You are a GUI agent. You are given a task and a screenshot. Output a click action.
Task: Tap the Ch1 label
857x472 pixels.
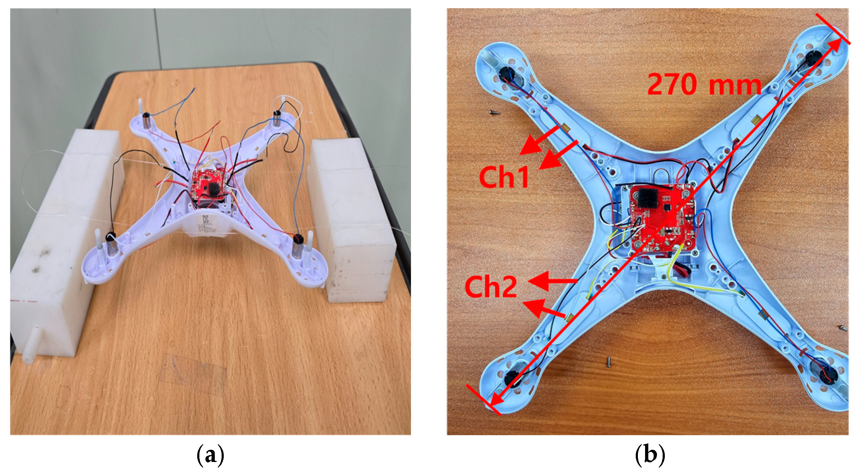pyautogui.click(x=503, y=177)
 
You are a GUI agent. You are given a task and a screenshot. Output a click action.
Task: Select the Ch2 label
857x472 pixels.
pyautogui.click(x=491, y=287)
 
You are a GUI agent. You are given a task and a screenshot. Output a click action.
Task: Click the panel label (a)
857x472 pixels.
pyautogui.click(x=210, y=455)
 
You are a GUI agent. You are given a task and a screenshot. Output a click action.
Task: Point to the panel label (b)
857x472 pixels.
pyautogui.click(x=650, y=455)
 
